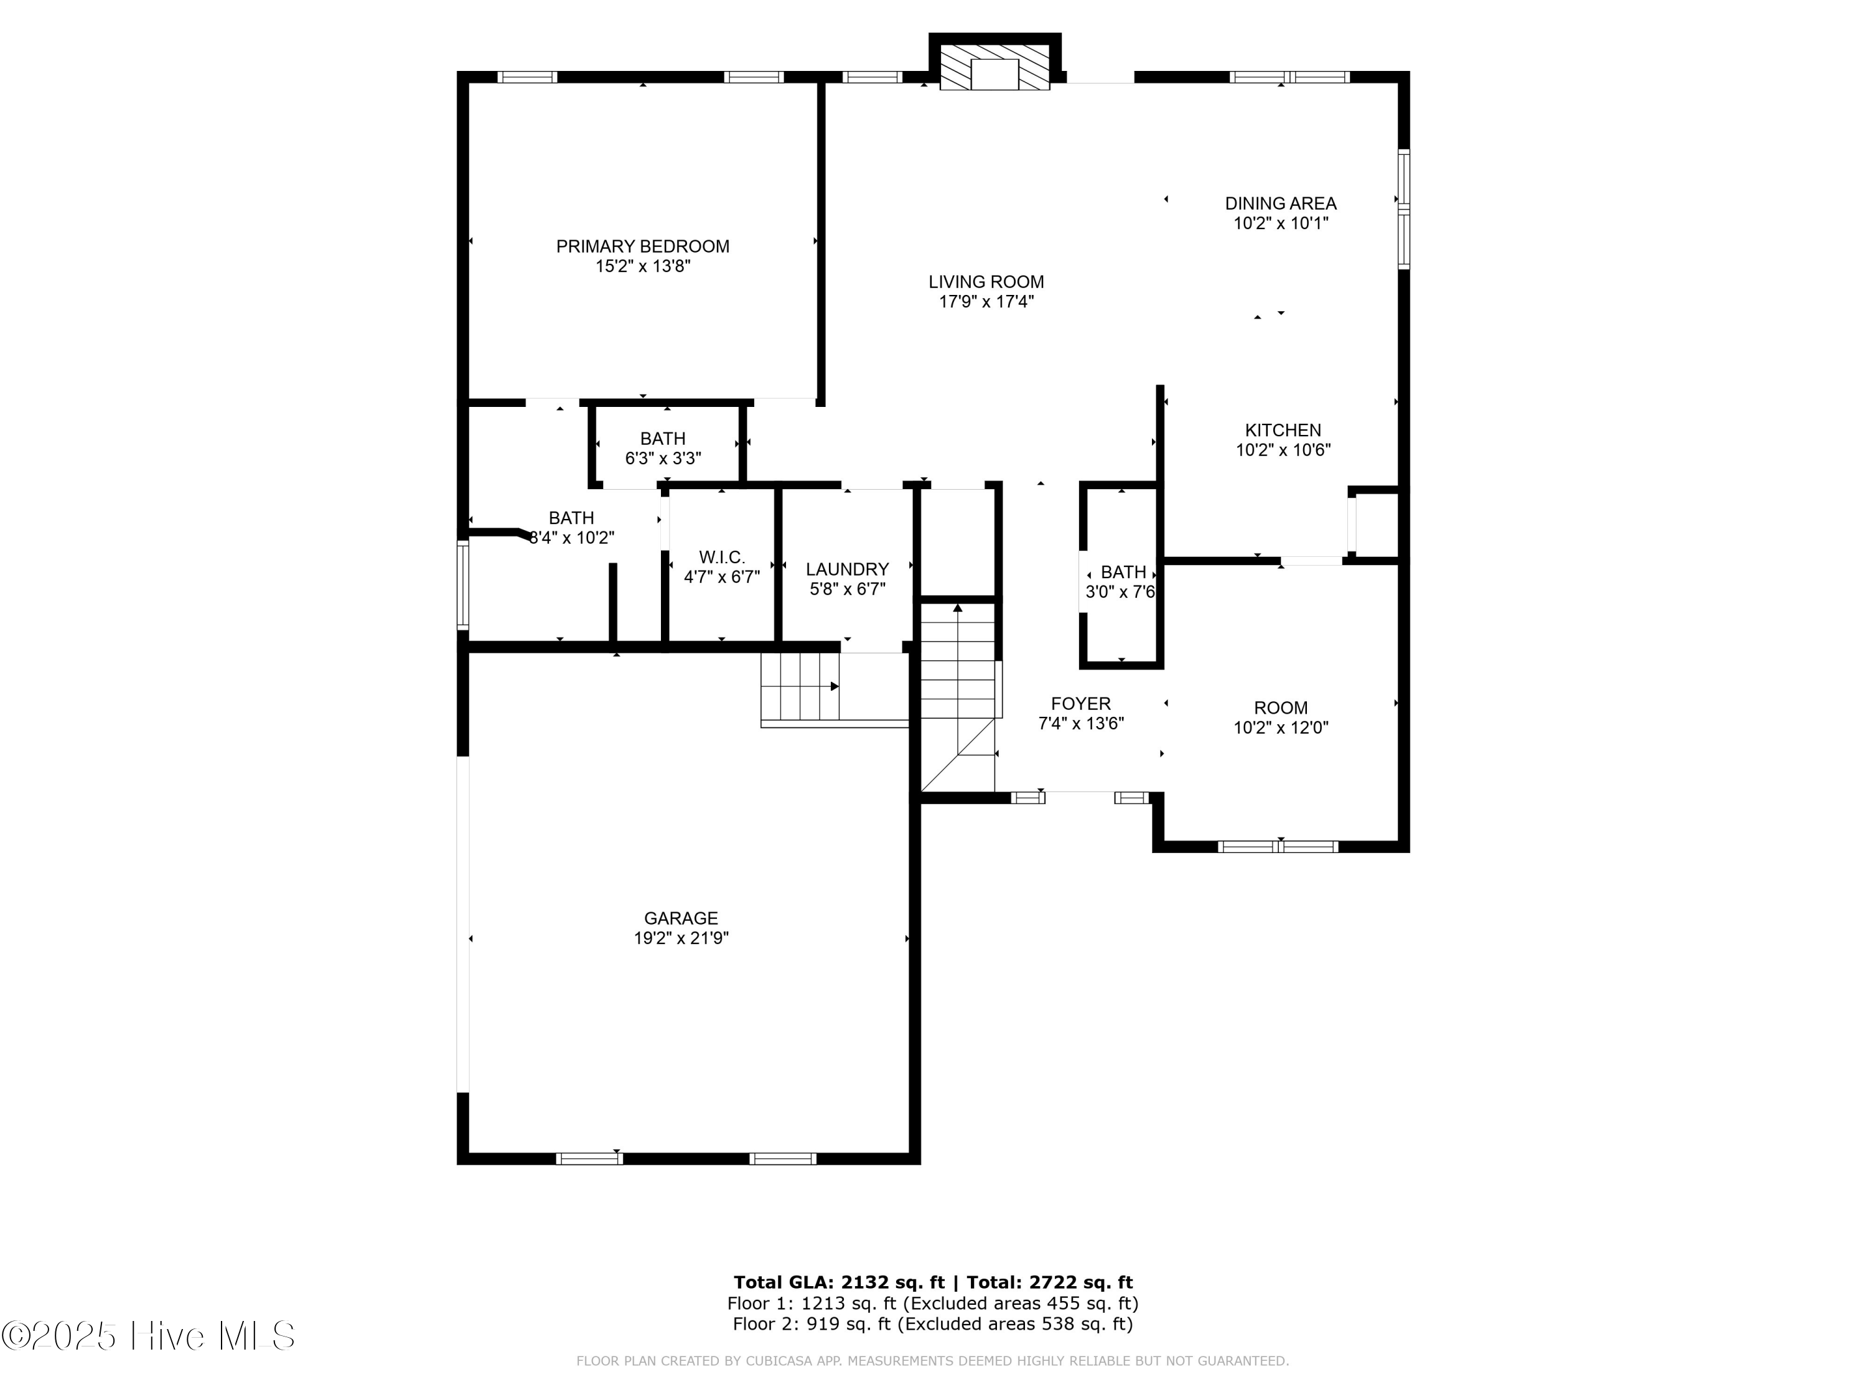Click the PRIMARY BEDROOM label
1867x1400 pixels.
tap(642, 246)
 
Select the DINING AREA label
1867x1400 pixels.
tap(1280, 203)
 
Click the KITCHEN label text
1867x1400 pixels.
tap(1283, 431)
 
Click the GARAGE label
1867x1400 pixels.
tap(680, 918)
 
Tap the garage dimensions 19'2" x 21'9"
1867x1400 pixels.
tap(680, 938)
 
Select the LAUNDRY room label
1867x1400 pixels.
tap(846, 569)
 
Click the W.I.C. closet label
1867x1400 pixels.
tap(722, 558)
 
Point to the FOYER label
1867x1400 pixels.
tap(1080, 704)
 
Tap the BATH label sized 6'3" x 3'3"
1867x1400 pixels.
tap(663, 439)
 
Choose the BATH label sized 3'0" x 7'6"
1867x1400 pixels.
tap(1123, 572)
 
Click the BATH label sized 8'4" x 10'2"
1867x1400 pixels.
tap(571, 518)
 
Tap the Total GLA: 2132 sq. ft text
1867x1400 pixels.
tap(839, 1282)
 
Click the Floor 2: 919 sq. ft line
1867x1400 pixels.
tap(932, 1323)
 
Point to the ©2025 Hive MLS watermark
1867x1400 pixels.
tap(149, 1336)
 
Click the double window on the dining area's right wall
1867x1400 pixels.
tap(1403, 208)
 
